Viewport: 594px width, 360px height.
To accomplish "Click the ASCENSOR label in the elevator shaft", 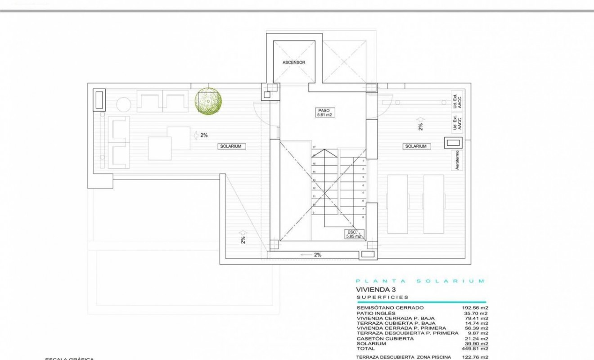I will (x=294, y=63).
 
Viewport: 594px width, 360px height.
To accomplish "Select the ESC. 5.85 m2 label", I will (x=353, y=234).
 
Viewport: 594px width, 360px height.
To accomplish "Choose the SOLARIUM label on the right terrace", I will (x=415, y=146).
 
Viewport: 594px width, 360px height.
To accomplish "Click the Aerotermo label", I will (x=458, y=160).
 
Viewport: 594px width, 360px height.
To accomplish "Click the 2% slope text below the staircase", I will (x=317, y=255).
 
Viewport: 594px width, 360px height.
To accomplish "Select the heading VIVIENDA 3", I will (x=376, y=290).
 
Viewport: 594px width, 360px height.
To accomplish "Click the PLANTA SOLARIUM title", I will (x=420, y=281).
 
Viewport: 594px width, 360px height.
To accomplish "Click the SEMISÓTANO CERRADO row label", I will (x=390, y=308).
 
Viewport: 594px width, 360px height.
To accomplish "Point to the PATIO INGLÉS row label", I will (x=376, y=313).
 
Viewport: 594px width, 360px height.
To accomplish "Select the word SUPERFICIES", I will (x=382, y=297).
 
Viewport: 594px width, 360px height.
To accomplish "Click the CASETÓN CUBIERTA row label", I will (x=385, y=338).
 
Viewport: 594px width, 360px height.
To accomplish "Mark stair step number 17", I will (x=315, y=147).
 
